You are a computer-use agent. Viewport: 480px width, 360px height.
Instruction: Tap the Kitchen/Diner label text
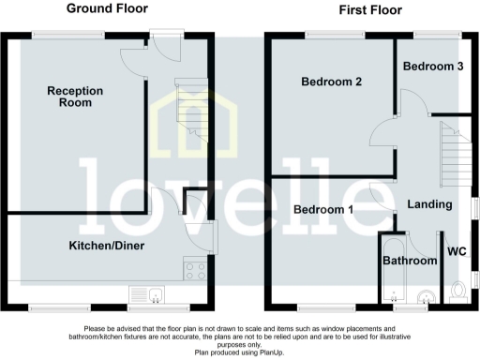(105, 246)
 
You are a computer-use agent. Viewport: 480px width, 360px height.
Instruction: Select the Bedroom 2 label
(331, 82)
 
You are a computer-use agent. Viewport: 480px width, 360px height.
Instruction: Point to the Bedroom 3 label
(433, 67)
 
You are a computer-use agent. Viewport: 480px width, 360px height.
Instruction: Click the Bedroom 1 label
(322, 209)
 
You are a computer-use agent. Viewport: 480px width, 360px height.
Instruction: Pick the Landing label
(430, 204)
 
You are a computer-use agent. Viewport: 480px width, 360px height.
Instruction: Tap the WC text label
(457, 251)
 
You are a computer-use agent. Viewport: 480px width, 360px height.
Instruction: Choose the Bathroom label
(411, 260)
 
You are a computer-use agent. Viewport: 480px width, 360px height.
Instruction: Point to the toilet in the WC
(458, 290)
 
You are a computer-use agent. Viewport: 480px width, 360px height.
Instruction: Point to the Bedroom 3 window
(433, 35)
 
